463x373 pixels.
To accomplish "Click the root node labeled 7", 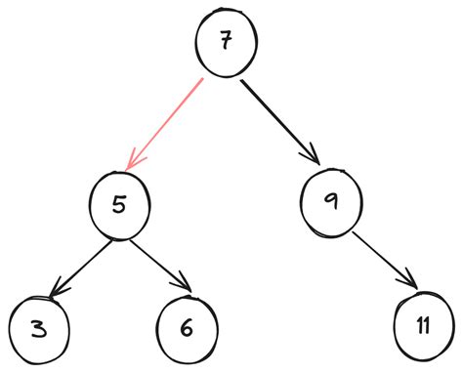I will pos(226,44).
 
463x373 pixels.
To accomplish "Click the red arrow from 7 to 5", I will pos(169,122).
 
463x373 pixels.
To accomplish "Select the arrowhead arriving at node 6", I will pos(184,286).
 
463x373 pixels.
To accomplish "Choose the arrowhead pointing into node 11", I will pos(415,285).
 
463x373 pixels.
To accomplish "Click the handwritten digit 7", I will pos(227,44).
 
